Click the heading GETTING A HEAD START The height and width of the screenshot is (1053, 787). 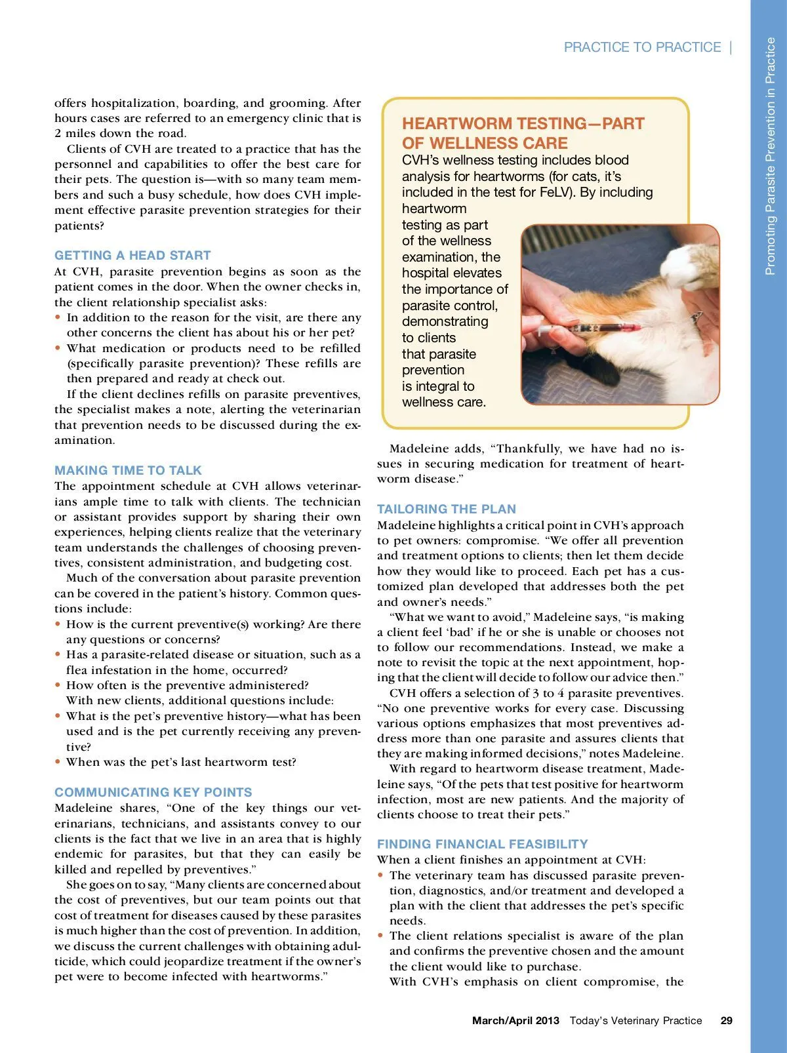[x=132, y=256]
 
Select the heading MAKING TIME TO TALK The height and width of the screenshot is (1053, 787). [x=128, y=470]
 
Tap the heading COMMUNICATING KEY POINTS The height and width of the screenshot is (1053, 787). [x=153, y=792]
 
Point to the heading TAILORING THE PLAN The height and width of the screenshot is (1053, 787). [x=446, y=509]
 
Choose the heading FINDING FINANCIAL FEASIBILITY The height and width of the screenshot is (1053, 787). [x=482, y=844]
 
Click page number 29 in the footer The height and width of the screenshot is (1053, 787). [x=727, y=1020]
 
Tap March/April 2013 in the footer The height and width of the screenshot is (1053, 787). [x=515, y=1020]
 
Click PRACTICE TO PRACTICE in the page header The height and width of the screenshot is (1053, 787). [x=642, y=47]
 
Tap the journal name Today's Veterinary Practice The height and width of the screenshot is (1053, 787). [x=636, y=1020]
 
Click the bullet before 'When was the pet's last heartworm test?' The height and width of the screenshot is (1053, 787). [x=58, y=762]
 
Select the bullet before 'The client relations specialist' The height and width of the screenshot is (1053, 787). [x=381, y=936]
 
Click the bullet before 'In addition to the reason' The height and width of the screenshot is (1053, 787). [x=58, y=317]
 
